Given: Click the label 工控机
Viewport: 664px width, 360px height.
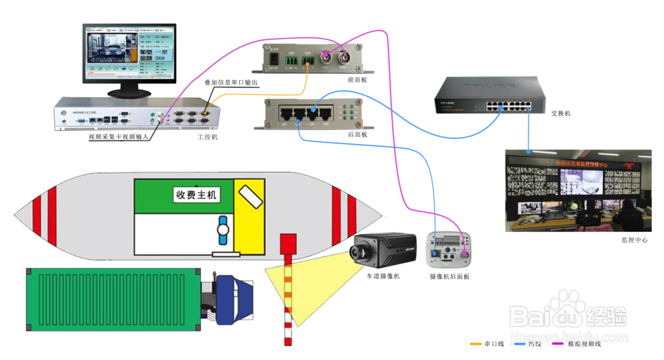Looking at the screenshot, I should [x=207, y=137].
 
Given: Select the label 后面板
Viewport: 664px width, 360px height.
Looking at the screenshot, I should [x=357, y=134].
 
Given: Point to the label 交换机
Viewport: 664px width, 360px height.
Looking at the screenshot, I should [x=561, y=114].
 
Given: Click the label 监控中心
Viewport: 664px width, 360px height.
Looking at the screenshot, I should [x=634, y=240].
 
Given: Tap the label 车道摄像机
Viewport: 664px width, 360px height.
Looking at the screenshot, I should [x=383, y=276].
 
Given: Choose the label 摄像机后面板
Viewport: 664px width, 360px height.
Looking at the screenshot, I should [x=450, y=276].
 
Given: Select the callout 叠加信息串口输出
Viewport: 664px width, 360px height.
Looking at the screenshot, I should [x=230, y=82].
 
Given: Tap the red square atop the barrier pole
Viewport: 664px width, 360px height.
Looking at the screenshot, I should [x=288, y=242].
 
